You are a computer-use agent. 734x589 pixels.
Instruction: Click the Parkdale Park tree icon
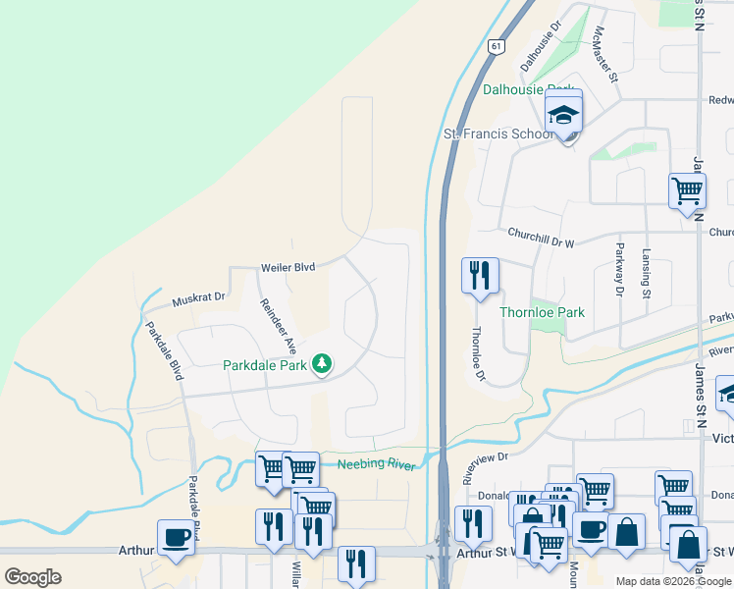(x=321, y=365)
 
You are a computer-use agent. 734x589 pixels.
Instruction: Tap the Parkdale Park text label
(x=265, y=365)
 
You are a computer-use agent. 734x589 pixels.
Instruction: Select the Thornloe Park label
(x=543, y=312)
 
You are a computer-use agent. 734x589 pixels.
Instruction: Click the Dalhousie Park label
(x=527, y=89)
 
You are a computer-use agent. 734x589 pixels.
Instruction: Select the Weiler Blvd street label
(x=288, y=267)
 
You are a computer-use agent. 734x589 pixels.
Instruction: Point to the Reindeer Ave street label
(x=278, y=325)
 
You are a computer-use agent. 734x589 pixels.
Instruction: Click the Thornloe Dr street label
(x=479, y=353)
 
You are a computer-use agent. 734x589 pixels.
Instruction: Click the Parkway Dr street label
(x=619, y=269)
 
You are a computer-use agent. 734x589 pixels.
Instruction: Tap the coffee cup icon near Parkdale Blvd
(x=176, y=537)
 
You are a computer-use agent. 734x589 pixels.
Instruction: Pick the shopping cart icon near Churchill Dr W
(x=687, y=189)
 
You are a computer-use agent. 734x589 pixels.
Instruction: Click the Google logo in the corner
(x=32, y=576)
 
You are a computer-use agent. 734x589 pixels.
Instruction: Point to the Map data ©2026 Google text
(x=672, y=581)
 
